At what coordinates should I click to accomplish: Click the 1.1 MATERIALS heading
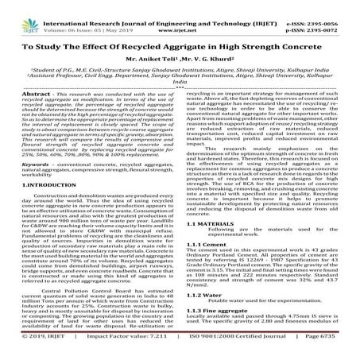tap(210, 246)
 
